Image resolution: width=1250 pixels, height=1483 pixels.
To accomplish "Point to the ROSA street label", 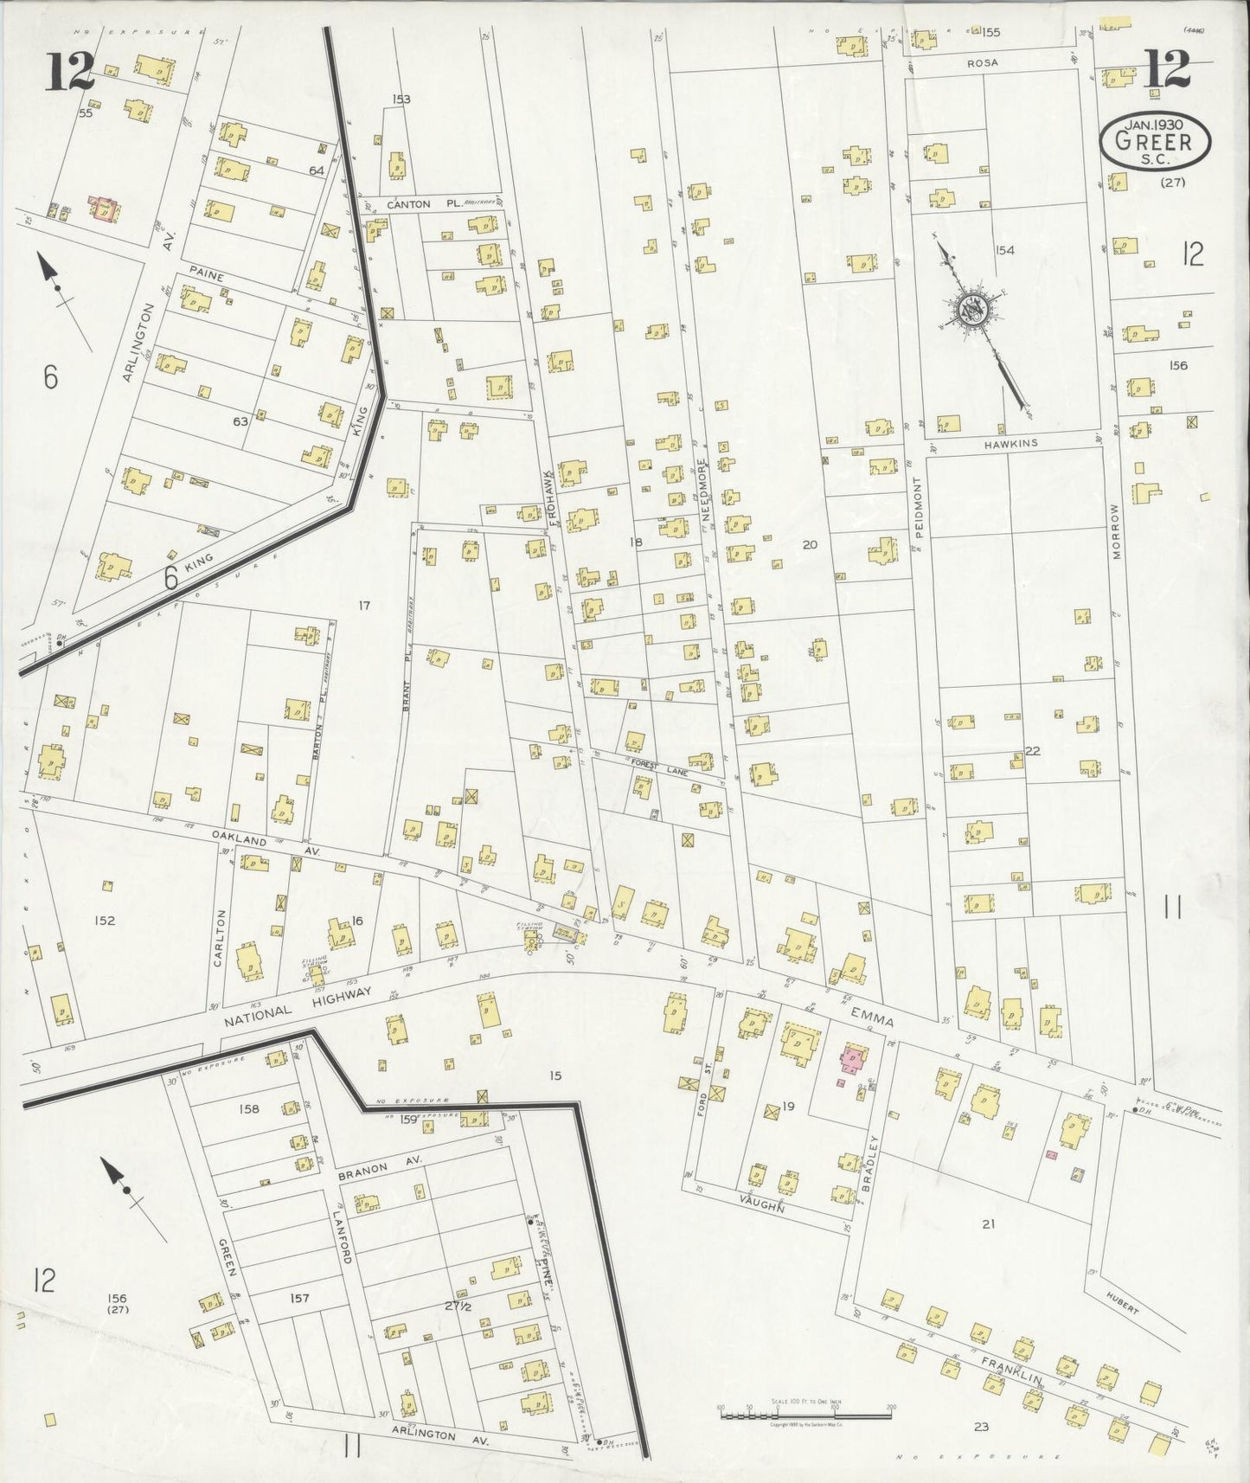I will (983, 63).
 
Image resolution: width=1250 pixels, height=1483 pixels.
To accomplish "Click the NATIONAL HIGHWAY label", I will (298, 1008).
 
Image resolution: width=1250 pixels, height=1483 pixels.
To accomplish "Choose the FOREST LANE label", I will (659, 766).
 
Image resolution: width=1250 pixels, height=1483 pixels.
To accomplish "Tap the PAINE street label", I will (208, 275).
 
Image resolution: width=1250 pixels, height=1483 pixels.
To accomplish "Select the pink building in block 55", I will (106, 209).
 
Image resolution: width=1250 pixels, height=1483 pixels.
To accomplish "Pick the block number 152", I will (105, 921).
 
